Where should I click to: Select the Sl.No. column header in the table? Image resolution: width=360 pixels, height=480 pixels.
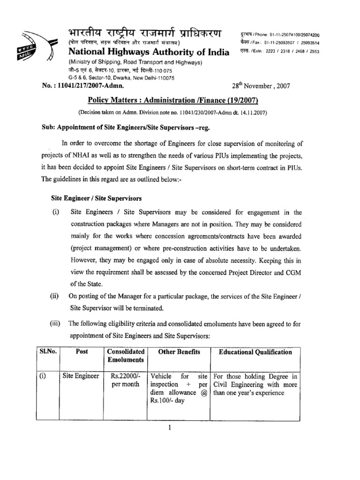click(47, 352)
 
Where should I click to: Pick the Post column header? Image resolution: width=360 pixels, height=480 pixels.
click(82, 352)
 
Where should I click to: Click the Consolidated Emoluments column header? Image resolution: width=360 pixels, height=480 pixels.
click(125, 356)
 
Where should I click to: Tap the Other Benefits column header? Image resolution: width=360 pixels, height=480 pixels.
click(179, 352)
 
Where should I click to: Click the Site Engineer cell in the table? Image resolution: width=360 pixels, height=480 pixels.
click(81, 375)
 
